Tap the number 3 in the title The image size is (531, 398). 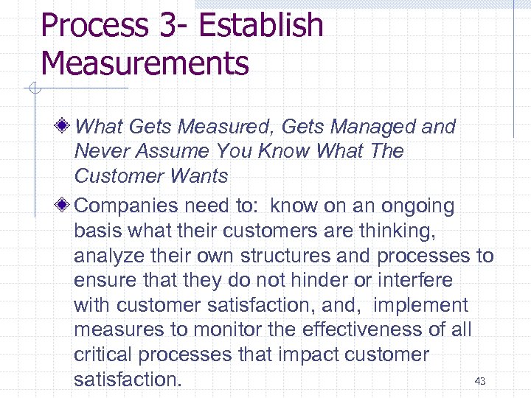tap(160, 25)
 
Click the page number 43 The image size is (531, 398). tap(480, 381)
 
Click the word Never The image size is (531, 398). tap(102, 152)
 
